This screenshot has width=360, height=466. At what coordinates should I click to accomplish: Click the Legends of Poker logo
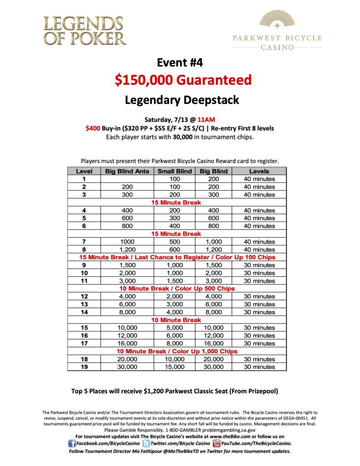(x=85, y=30)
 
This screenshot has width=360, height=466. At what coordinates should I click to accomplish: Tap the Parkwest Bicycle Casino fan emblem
(x=277, y=20)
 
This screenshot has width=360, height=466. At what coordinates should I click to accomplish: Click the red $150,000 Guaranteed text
(x=183, y=81)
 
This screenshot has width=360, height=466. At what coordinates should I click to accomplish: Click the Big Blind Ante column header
(x=127, y=171)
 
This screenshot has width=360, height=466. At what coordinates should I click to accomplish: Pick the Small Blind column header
(x=175, y=171)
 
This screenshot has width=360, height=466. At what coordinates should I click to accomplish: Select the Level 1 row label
(x=84, y=179)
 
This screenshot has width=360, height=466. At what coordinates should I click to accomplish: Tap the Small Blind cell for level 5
(x=175, y=218)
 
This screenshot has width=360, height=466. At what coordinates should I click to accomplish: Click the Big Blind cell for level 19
(x=213, y=367)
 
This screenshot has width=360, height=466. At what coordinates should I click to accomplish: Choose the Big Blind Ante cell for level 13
(x=127, y=304)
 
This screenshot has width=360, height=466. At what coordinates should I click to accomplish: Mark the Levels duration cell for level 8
(x=259, y=249)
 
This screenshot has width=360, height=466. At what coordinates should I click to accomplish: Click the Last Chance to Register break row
(x=177, y=257)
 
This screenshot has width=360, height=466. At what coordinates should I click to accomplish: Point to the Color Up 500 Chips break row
(x=177, y=289)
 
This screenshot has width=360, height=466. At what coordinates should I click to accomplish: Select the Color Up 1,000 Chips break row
(x=177, y=351)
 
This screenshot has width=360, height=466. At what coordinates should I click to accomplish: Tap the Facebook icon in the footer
(x=72, y=443)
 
